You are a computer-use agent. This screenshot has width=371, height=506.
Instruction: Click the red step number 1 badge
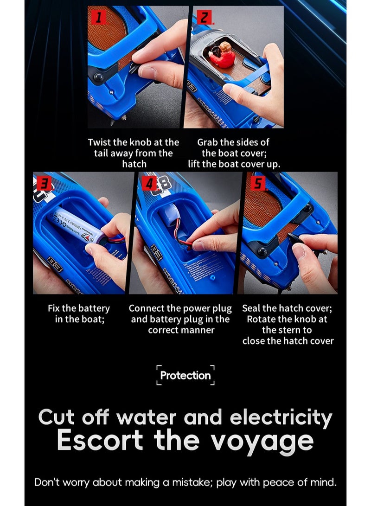click(98, 17)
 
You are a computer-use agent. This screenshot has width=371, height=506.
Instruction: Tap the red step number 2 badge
click(204, 17)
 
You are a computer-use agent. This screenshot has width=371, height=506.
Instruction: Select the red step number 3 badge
click(44, 184)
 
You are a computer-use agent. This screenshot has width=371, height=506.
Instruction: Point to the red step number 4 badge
click(149, 184)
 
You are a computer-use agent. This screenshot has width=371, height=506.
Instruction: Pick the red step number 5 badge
click(258, 184)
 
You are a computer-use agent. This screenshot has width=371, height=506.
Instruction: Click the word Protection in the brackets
click(185, 375)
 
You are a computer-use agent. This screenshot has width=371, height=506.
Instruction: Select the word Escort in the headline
click(100, 440)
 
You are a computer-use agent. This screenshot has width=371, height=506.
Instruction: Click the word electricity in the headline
click(281, 417)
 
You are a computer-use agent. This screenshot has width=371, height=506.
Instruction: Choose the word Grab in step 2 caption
click(207, 142)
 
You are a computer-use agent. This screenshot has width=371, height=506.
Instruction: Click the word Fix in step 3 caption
click(54, 308)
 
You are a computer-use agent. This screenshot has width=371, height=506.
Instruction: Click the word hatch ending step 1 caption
click(134, 164)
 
